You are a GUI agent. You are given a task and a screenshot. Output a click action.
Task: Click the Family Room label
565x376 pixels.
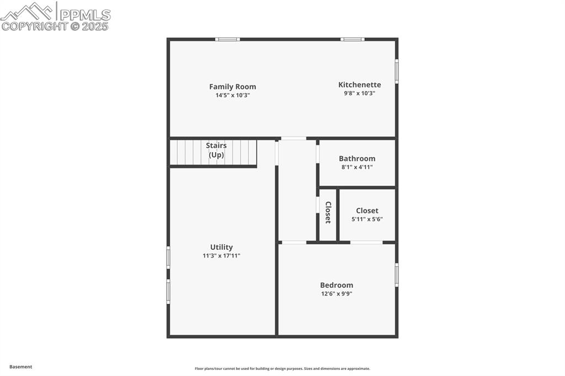click(x=232, y=87)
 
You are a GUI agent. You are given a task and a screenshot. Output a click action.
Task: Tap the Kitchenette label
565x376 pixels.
click(x=359, y=84)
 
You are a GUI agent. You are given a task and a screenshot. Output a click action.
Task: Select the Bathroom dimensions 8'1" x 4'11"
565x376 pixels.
click(x=357, y=167)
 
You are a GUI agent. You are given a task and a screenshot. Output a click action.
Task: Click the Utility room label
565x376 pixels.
click(x=221, y=247)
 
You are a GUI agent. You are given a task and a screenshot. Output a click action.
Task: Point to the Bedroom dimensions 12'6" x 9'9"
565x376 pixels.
click(x=337, y=294)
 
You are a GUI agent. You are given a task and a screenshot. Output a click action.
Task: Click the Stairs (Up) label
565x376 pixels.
click(x=216, y=150)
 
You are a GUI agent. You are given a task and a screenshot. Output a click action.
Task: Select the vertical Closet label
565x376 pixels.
click(x=328, y=212)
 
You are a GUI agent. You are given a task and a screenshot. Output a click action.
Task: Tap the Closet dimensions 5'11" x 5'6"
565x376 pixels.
click(x=367, y=219)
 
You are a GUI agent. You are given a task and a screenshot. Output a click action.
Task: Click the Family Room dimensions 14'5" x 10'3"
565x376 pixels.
click(x=232, y=95)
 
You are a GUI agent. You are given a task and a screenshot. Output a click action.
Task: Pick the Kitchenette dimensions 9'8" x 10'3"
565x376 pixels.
click(x=359, y=93)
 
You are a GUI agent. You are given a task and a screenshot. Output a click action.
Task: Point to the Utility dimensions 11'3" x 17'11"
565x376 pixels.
click(x=221, y=256)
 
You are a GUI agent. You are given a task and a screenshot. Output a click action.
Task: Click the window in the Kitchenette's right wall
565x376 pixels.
click(x=396, y=71)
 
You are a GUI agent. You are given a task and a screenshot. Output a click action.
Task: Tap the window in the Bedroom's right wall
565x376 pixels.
click(x=396, y=275)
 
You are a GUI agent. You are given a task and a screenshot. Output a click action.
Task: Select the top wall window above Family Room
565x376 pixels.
click(x=227, y=39)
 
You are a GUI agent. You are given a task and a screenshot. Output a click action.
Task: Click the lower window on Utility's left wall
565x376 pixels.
click(x=168, y=291)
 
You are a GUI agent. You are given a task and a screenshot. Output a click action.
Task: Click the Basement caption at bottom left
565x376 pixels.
click(x=21, y=367)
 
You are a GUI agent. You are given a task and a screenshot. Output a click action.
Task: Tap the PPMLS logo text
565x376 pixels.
click(x=84, y=14)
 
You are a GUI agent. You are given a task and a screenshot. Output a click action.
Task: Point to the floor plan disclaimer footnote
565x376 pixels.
click(x=282, y=368)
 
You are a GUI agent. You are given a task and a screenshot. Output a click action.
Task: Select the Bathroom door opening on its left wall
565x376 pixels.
click(x=318, y=154)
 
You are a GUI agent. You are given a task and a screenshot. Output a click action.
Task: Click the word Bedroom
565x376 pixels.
click(x=337, y=285)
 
